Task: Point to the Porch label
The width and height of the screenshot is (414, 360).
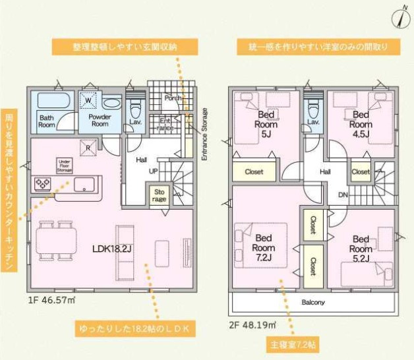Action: point(173,98)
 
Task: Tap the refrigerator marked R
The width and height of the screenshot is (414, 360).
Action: point(86,148)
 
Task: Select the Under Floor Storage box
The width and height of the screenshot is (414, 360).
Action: point(64,165)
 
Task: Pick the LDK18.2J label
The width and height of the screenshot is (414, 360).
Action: point(113,249)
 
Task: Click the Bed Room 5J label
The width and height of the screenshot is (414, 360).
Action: point(266,123)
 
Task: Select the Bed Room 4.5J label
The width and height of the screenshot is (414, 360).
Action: point(360,123)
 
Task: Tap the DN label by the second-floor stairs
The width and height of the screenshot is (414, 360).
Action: point(343,195)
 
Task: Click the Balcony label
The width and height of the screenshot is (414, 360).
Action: point(313,302)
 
